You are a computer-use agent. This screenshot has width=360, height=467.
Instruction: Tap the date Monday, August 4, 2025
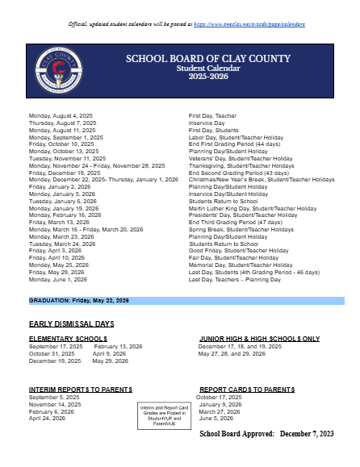[61, 116]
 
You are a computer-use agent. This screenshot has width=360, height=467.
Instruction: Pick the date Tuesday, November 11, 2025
[66, 158]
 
